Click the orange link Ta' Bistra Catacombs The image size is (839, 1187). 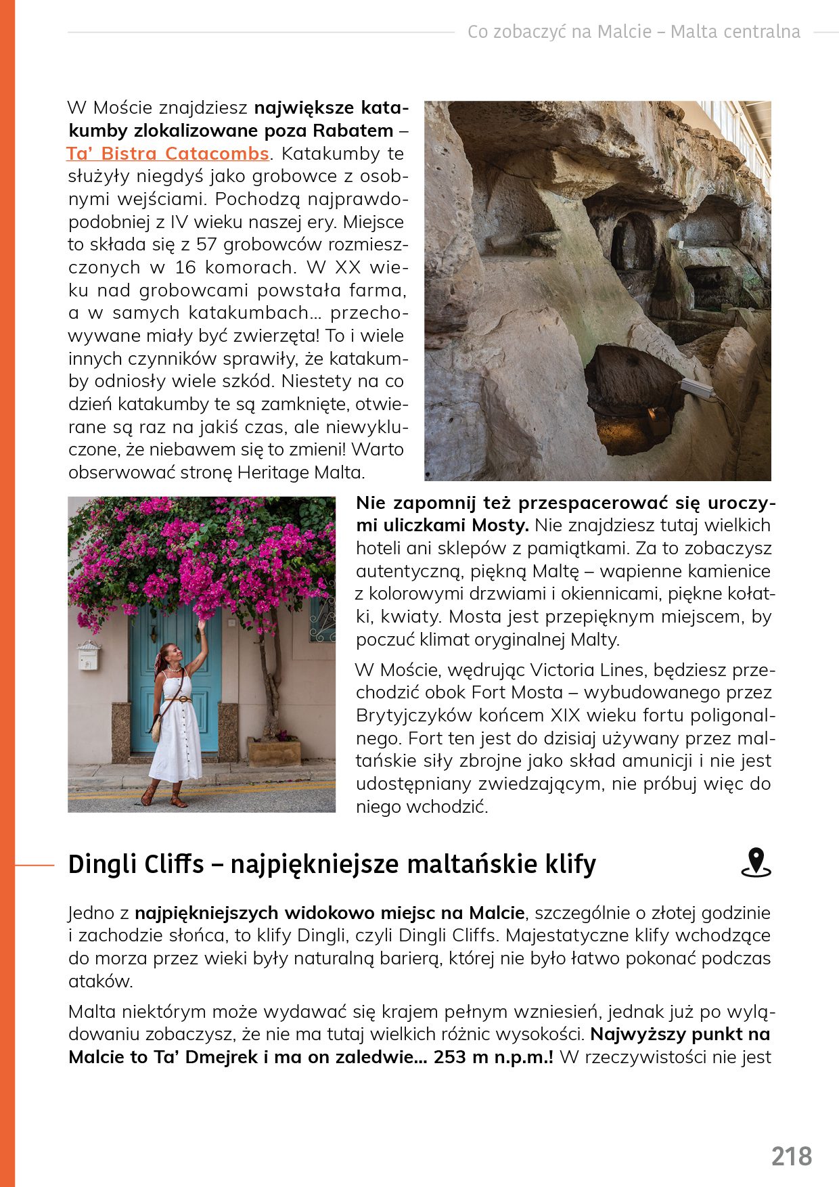168,154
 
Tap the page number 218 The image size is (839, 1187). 791,1157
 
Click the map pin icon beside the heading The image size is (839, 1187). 756,863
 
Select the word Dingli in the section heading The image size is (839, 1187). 101,864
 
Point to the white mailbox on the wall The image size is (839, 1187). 89,655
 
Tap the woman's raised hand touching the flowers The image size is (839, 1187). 201,624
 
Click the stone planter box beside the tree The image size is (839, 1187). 274,751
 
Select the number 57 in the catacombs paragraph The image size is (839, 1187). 207,244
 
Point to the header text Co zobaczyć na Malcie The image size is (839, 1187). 560,32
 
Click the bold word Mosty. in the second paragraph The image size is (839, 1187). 500,526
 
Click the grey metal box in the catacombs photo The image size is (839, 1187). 696,388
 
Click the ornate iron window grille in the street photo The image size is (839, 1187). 322,618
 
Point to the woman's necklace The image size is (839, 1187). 173,670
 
